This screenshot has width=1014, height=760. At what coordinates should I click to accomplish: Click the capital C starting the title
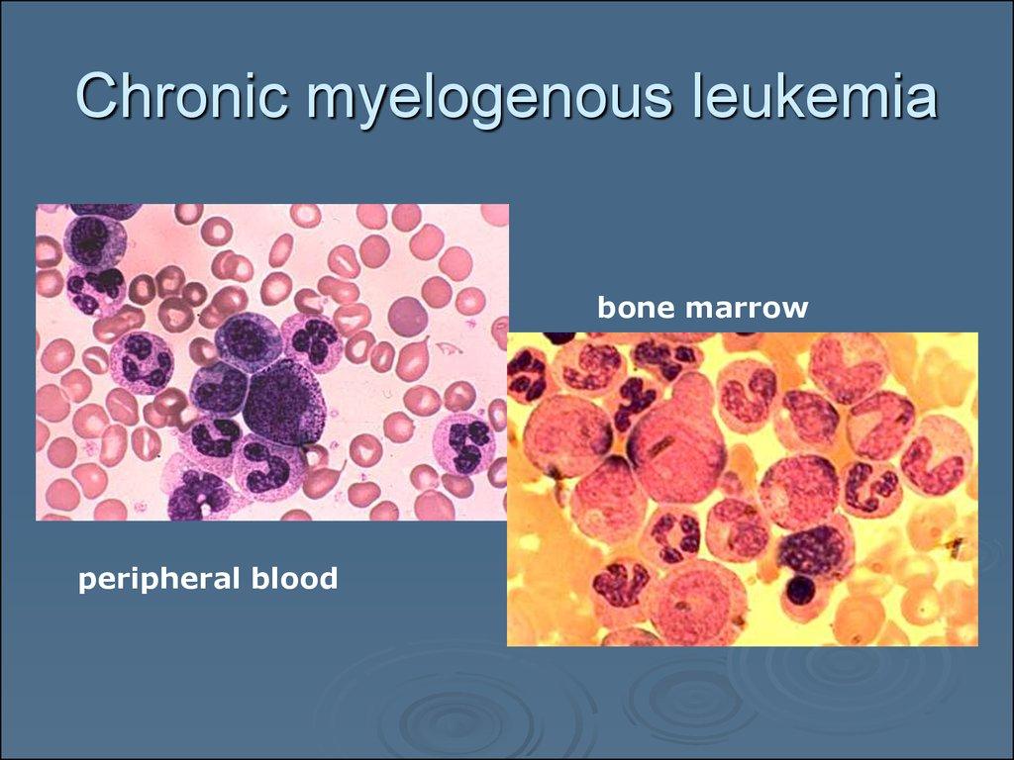(x=99, y=96)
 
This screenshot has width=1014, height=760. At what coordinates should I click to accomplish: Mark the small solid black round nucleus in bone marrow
(x=800, y=589)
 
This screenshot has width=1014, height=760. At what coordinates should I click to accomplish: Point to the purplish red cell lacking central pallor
(x=407, y=316)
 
